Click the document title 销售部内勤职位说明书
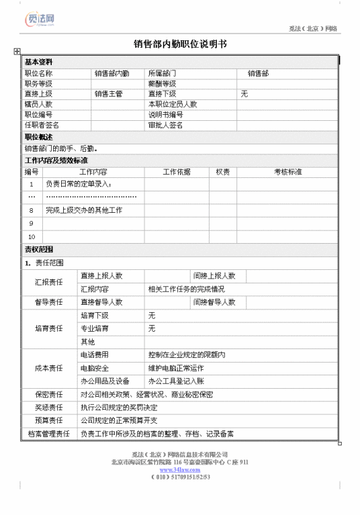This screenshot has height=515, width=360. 180,44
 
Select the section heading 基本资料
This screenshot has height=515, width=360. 38,62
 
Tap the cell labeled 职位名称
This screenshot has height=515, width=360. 38,73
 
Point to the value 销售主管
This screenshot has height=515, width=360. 108,94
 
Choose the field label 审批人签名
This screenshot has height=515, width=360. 166,125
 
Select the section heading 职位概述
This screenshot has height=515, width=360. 38,137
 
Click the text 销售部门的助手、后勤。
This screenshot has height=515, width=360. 62,148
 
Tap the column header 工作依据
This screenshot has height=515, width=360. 177,172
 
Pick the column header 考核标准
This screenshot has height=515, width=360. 287,172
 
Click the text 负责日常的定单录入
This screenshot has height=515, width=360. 79,183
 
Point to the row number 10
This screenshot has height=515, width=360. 32,236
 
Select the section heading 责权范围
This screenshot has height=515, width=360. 38,249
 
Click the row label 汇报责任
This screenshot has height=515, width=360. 49,282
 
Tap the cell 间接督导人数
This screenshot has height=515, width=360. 214,302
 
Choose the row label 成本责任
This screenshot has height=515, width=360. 49,368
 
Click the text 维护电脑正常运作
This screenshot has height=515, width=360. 175,368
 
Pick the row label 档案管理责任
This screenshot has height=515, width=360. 49,434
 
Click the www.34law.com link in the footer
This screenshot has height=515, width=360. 180,469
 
